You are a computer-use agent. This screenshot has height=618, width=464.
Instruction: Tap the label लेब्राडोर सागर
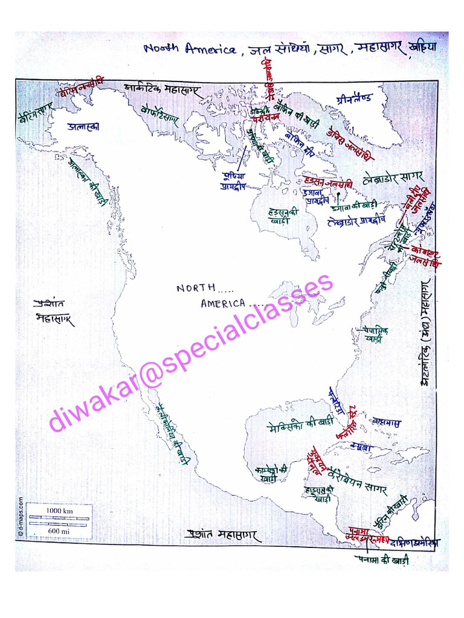coord(394,179)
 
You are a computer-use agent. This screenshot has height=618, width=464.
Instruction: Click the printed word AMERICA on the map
coord(223,304)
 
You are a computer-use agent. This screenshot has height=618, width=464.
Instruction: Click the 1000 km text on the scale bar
coord(59,511)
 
